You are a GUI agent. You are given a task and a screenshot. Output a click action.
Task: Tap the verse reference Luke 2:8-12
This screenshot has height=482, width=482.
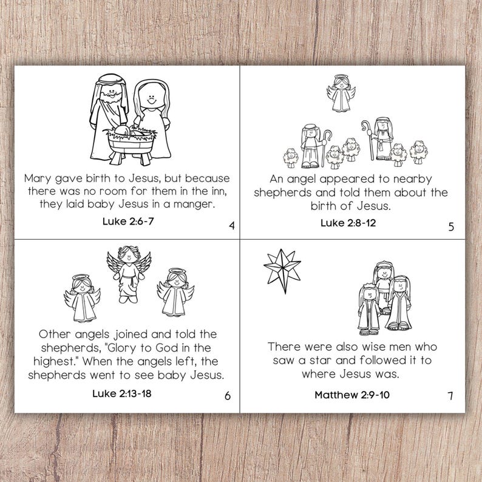point(348,222)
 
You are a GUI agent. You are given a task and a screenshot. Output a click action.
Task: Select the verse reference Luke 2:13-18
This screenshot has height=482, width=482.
point(121,393)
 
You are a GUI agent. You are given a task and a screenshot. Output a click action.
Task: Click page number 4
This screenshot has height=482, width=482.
point(231,227)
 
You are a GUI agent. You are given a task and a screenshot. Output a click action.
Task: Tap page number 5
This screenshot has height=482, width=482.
point(450,227)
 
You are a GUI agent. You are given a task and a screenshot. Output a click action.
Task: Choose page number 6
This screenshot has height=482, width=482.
point(227,396)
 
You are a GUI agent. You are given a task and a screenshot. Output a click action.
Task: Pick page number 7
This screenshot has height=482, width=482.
point(450,396)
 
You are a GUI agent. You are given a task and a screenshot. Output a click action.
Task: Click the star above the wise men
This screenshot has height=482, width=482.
point(282,267)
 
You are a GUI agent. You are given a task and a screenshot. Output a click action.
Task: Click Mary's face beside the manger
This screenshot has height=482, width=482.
point(148,97)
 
